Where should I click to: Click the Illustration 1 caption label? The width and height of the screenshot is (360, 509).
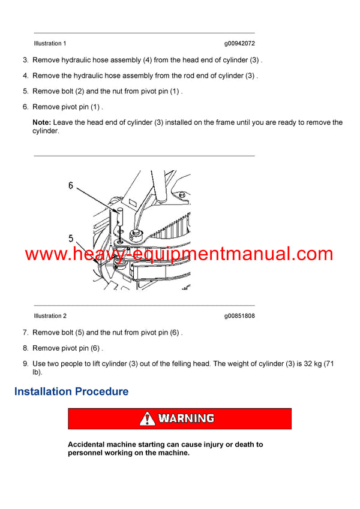(x=50, y=44)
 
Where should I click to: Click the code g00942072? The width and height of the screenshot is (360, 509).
(x=239, y=44)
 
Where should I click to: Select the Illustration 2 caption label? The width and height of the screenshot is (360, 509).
(x=50, y=316)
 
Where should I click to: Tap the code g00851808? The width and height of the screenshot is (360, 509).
(x=239, y=316)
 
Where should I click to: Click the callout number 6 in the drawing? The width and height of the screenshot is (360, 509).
(x=70, y=186)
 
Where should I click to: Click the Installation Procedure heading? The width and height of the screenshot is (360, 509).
(x=71, y=391)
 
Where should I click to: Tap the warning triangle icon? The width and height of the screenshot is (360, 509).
(x=147, y=418)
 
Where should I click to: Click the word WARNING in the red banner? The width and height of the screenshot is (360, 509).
(x=186, y=418)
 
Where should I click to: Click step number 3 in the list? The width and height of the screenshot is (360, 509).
(x=25, y=60)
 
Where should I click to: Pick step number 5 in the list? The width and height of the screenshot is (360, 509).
(x=25, y=91)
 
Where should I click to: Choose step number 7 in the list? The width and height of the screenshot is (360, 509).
(x=25, y=332)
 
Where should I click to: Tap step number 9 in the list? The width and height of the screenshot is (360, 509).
(x=25, y=363)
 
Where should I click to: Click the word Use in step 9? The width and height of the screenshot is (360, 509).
(x=39, y=363)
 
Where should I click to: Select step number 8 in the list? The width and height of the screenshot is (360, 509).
(x=25, y=348)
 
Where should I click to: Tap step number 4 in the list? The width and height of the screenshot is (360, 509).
(x=25, y=76)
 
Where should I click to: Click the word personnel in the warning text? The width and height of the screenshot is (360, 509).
(x=88, y=453)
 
